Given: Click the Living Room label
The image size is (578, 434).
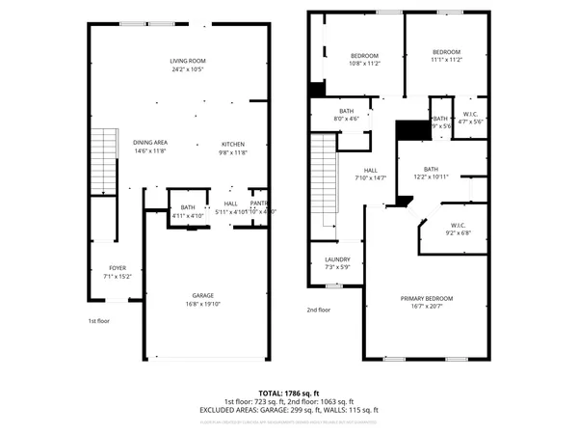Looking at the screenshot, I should coord(188,60).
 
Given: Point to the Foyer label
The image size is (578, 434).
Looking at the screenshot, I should coord(117,268).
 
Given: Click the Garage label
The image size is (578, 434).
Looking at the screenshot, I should coord(202,295).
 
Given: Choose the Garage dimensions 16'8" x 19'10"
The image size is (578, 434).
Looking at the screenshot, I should coord(202,305).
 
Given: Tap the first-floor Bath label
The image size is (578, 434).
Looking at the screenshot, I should coord(187,206).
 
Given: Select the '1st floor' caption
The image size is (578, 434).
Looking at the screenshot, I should coord(99,320).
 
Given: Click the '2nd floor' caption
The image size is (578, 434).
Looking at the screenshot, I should coord(318,310).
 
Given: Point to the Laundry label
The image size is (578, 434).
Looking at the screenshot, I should coord(336,259).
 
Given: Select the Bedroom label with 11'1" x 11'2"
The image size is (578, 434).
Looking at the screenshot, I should coord(446,51).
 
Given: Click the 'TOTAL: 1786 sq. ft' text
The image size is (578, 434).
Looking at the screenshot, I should coord(289,393).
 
